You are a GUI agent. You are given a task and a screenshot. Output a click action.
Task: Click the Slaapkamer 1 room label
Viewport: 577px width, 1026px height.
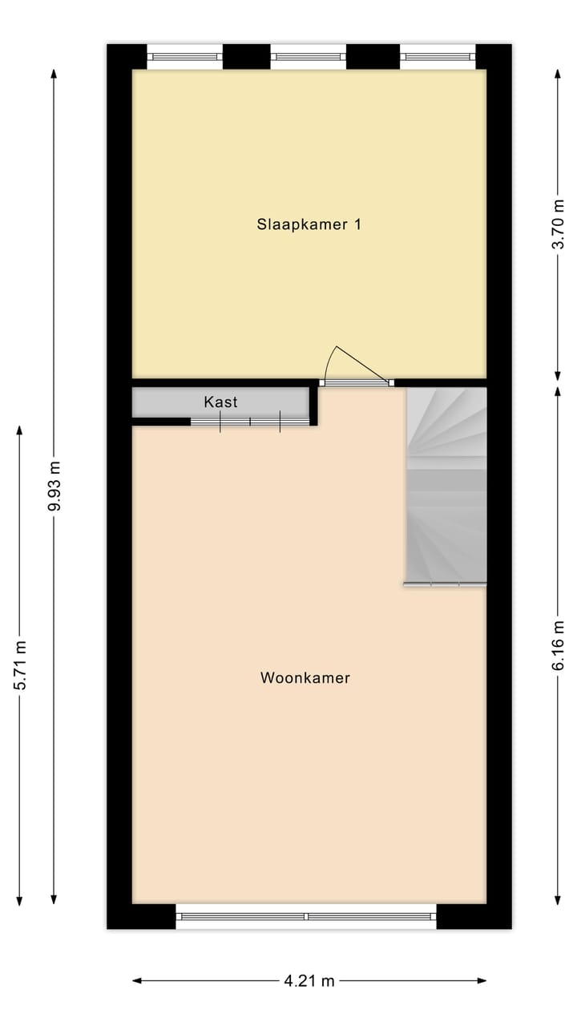tap(309, 224)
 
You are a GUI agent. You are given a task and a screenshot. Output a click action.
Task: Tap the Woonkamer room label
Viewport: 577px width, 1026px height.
tap(305, 678)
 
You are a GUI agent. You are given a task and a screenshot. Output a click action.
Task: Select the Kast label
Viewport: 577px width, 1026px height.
tap(220, 402)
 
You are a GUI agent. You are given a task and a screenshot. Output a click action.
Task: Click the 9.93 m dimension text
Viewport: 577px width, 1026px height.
tap(54, 486)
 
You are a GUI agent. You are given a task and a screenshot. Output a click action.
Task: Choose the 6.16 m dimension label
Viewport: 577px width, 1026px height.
tap(559, 645)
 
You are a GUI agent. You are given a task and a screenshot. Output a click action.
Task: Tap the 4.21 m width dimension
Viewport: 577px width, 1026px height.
tap(309, 980)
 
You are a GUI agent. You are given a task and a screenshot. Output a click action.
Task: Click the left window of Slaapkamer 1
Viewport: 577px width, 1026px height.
tap(185, 57)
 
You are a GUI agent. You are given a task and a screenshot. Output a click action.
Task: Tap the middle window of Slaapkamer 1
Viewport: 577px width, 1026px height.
tap(309, 57)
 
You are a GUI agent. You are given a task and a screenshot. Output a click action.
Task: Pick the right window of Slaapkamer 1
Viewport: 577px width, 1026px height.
tap(438, 57)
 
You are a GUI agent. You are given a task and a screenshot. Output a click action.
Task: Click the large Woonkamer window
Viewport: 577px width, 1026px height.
tap(306, 916)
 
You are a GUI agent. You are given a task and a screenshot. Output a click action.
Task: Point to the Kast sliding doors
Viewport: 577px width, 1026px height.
tap(250, 421)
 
